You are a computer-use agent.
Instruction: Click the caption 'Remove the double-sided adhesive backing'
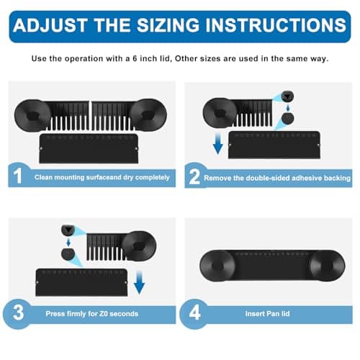277,177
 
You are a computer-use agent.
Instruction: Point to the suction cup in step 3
138,245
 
